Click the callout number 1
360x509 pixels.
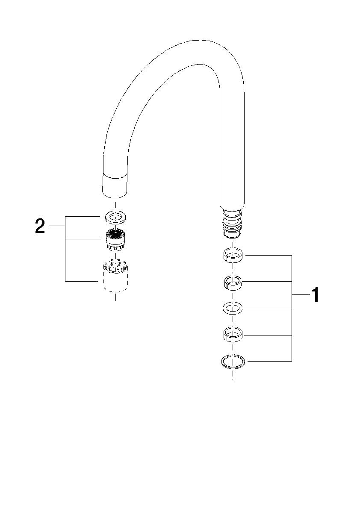coord(315,295)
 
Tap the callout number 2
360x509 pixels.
coord(40,226)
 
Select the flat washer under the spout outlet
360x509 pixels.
coord(115,217)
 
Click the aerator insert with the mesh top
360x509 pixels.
coord(115,240)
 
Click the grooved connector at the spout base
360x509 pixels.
coord(233,224)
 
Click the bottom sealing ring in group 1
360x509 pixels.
coord(233,362)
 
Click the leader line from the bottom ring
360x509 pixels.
coord(269,362)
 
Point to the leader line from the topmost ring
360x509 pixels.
coord(269,256)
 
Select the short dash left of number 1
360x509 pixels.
coord(300,295)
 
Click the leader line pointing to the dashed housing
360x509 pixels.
coord(81,281)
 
